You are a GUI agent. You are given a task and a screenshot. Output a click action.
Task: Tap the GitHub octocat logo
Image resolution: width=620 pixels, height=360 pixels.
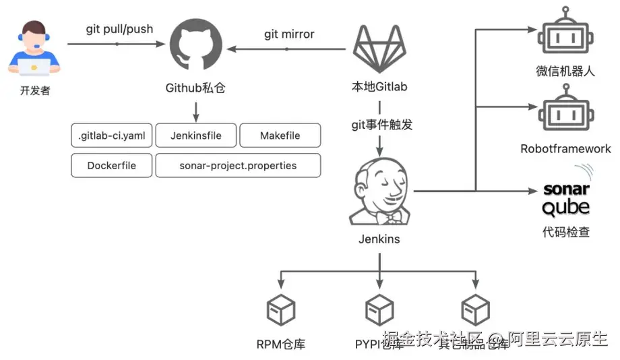[x=195, y=47]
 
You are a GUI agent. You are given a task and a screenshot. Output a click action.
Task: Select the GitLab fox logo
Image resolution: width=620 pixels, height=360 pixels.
[x=379, y=49]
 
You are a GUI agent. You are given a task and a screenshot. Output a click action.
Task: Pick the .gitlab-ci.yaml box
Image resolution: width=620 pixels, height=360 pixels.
[x=112, y=136]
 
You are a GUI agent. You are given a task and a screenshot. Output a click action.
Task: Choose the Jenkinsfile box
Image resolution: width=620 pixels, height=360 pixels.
[x=195, y=136]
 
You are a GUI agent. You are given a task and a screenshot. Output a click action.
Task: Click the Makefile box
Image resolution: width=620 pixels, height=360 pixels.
[x=280, y=136]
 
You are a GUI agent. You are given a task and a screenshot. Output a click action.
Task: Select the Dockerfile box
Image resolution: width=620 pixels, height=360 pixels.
[x=112, y=165]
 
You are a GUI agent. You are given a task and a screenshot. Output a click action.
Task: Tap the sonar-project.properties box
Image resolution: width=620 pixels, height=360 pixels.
[x=238, y=165]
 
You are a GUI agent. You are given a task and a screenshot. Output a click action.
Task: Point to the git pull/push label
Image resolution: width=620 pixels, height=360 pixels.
[x=119, y=29]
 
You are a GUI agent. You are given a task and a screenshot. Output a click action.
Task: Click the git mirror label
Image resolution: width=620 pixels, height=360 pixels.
[x=289, y=34]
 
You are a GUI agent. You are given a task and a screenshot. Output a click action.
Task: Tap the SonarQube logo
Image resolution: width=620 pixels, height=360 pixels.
[x=566, y=198]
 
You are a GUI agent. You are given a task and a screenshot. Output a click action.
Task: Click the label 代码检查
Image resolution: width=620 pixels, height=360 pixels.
[x=566, y=232]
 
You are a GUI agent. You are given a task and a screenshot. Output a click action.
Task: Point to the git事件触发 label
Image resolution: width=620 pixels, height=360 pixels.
[x=381, y=125]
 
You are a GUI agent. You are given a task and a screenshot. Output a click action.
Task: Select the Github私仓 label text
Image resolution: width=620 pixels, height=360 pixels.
[x=195, y=88]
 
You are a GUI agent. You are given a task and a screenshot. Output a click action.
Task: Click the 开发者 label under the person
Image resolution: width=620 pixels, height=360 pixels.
[x=35, y=90]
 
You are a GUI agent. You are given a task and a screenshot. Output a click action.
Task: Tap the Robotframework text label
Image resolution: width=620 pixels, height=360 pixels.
[x=565, y=149]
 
